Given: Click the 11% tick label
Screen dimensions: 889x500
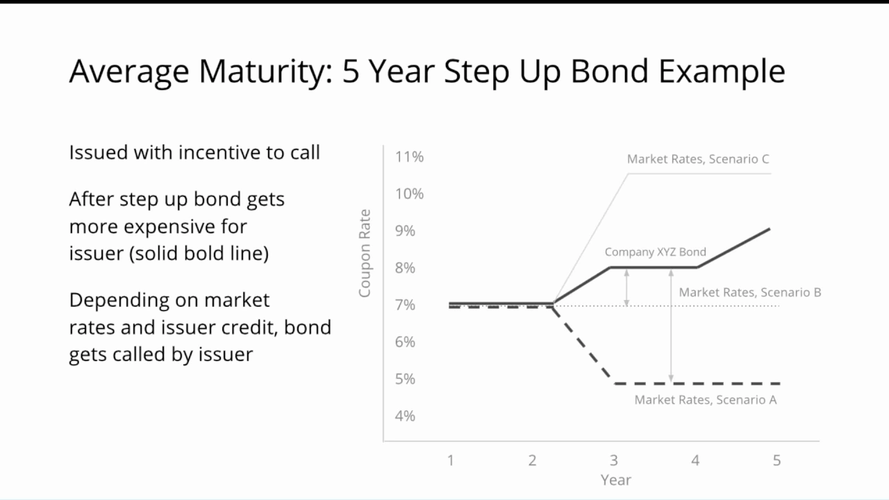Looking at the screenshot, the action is (409, 157).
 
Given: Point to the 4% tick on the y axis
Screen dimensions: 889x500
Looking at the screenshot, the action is (405, 416).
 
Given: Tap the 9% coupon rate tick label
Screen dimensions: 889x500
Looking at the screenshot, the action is (405, 231).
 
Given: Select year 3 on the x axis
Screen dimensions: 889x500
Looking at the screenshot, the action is (613, 460).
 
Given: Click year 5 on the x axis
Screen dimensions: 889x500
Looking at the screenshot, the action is (776, 460).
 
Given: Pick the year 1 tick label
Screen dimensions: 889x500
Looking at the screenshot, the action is (451, 460).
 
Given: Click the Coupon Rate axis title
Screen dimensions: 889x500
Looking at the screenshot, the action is (365, 253).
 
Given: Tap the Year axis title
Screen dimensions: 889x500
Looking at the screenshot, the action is (615, 480).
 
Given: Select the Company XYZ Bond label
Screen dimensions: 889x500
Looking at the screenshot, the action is (655, 252).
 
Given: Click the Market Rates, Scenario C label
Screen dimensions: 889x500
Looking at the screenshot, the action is (698, 159).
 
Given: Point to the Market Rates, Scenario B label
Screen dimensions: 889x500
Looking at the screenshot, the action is (749, 292).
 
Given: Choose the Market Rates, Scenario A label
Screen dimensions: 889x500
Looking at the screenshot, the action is (705, 399).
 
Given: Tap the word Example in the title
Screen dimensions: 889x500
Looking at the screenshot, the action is (722, 72).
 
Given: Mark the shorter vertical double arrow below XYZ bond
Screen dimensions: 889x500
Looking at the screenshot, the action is (626, 287).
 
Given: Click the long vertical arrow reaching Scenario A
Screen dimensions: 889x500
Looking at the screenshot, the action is (671, 326).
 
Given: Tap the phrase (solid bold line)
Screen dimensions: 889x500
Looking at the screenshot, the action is (199, 253).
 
